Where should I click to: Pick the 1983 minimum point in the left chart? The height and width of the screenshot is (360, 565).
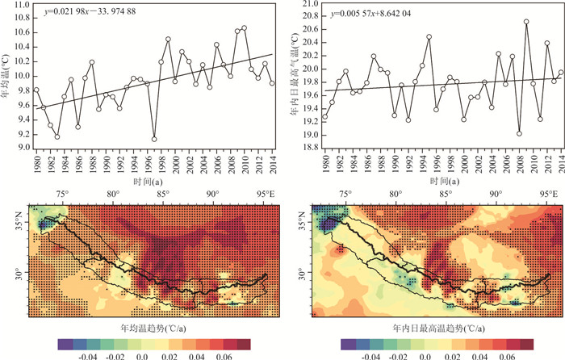(x=57, y=136)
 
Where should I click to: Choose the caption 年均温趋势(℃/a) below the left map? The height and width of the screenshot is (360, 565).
(x=154, y=329)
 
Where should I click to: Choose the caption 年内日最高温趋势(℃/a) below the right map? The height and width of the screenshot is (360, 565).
(x=436, y=329)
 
